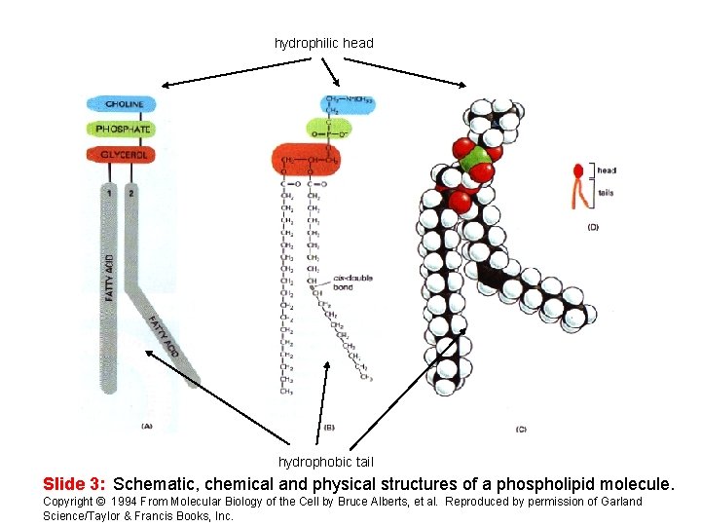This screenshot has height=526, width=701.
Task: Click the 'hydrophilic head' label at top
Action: tap(324, 43)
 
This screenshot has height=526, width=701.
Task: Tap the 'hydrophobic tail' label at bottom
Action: tap(326, 462)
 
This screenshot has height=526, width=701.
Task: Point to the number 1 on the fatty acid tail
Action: tap(112, 192)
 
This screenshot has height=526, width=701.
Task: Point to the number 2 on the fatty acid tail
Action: tap(130, 192)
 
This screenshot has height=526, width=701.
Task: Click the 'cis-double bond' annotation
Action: tap(352, 282)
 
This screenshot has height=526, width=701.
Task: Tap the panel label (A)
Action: tap(147, 426)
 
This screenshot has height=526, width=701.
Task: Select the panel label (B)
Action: tap(328, 426)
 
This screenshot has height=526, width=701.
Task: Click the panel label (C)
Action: tap(521, 429)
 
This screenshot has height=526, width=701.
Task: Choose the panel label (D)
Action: tap(594, 227)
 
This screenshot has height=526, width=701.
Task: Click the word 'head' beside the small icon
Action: tap(607, 170)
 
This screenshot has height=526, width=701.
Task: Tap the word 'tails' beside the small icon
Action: tap(606, 193)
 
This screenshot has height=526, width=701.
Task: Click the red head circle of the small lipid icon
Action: tap(578, 170)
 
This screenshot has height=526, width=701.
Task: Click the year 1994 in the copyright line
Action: tap(125, 502)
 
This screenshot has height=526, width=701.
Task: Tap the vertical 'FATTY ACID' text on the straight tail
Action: tap(109, 278)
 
